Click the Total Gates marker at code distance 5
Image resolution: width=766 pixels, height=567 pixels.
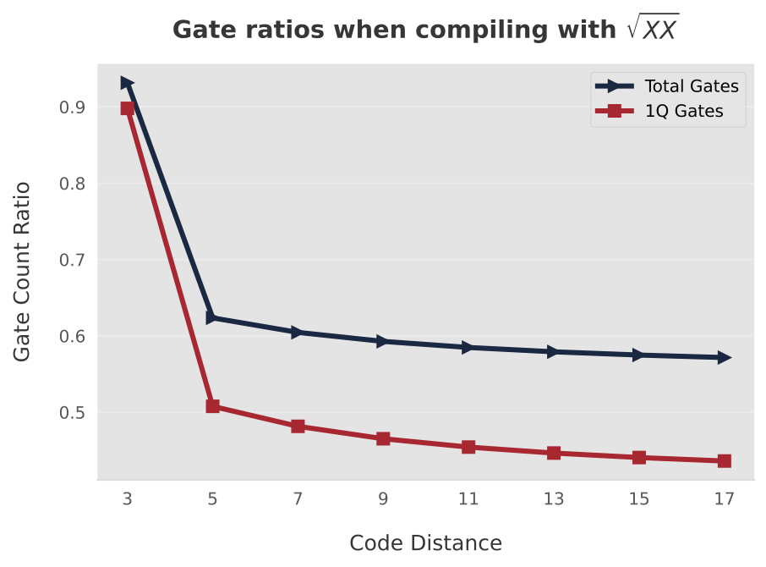(x=212, y=317)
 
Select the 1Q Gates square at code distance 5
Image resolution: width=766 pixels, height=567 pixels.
(x=212, y=406)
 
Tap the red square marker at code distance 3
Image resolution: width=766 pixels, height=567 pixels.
(x=127, y=108)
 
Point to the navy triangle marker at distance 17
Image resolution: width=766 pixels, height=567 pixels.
(x=724, y=358)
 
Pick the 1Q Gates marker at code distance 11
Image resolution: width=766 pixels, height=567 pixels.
(x=468, y=447)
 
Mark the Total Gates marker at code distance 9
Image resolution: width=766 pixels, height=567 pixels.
(x=383, y=341)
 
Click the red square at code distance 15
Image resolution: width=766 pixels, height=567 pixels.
(x=638, y=458)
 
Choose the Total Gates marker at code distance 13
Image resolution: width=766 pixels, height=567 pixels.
(x=553, y=351)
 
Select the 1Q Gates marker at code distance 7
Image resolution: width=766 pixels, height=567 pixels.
(x=298, y=427)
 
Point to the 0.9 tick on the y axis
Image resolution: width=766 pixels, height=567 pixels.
(x=72, y=107)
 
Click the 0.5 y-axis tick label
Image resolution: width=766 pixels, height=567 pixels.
(x=72, y=413)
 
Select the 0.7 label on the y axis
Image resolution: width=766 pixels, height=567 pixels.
(x=72, y=260)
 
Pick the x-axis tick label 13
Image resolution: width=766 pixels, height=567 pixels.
(x=553, y=499)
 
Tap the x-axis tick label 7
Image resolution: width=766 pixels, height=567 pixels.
(x=298, y=499)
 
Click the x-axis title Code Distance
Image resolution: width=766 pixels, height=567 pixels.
(x=425, y=543)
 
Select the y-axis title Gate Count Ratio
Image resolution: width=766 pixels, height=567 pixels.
(x=23, y=271)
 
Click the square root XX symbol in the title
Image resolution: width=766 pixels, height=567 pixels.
(x=653, y=30)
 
